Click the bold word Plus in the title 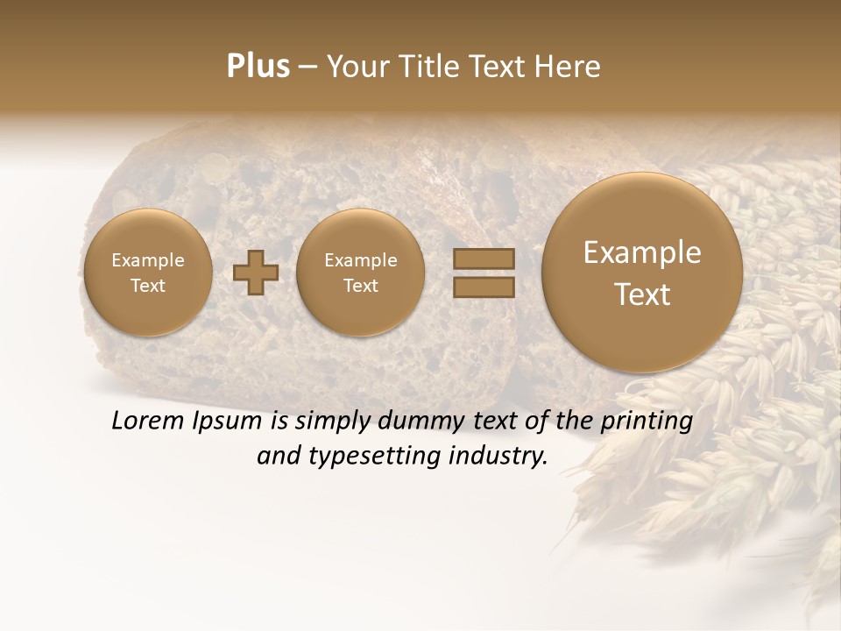tap(258, 67)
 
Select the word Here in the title tap(570, 67)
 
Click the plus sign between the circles tap(256, 273)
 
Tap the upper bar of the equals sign tap(484, 259)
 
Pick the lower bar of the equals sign tap(484, 287)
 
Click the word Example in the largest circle tap(642, 252)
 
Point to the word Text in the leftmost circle tap(147, 286)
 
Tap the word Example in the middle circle tap(360, 260)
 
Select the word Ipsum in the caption tap(228, 421)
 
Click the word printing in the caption tap(647, 421)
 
